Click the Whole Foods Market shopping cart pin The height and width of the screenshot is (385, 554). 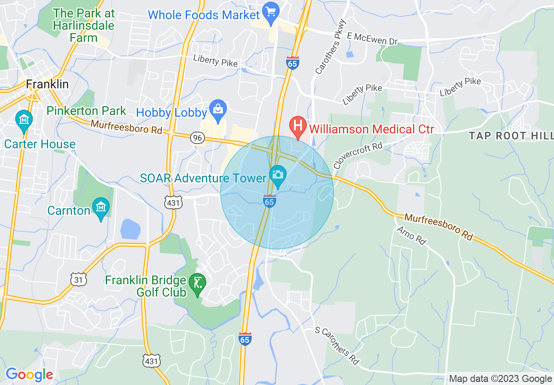271,12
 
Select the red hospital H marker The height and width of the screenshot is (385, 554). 298,126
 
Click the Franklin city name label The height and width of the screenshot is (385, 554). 47,84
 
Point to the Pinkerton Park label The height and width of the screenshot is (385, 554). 86,111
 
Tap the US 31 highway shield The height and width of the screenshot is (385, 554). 79,279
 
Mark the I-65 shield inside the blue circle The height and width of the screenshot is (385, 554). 270,202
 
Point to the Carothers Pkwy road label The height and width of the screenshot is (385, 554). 330,46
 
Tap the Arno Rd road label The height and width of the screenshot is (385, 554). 411,235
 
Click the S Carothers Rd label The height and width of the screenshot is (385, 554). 337,346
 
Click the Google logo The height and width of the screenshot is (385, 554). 29,374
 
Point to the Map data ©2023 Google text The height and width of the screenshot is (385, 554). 500,379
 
